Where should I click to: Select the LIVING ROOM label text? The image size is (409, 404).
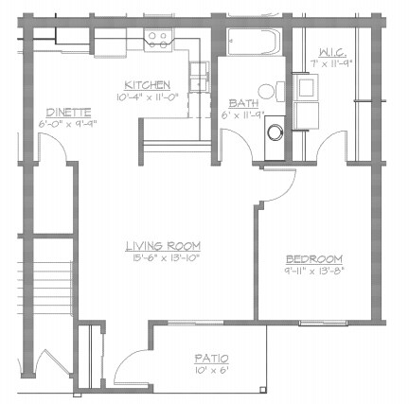click(x=163, y=245)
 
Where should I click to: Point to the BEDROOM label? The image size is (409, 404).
click(x=314, y=259)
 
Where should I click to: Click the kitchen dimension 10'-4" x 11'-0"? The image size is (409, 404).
click(x=150, y=96)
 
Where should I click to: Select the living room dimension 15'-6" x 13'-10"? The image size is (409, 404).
click(x=163, y=256)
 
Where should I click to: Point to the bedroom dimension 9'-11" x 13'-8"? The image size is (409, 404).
click(x=314, y=271)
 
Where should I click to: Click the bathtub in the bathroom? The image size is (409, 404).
click(x=254, y=44)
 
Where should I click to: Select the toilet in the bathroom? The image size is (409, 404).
click(x=272, y=93)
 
